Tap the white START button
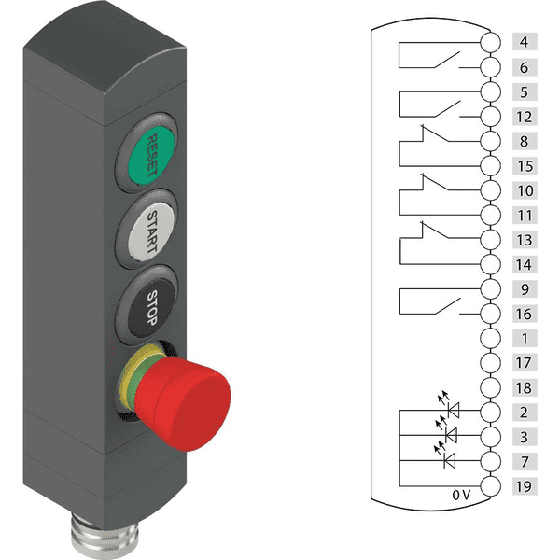tap(151, 231)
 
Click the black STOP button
tap(151, 307)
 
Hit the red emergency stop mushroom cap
tap(184, 403)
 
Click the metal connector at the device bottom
tap(105, 537)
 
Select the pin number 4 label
tap(525, 42)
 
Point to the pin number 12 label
tap(525, 117)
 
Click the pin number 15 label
tap(525, 166)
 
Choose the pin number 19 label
tap(525, 486)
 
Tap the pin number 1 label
tap(525, 338)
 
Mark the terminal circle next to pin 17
tap(490, 363)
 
